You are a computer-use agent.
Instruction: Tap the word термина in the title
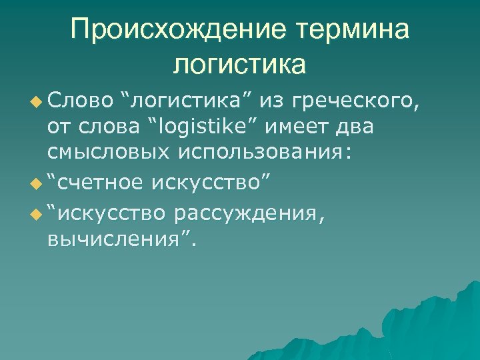click(x=350, y=29)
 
